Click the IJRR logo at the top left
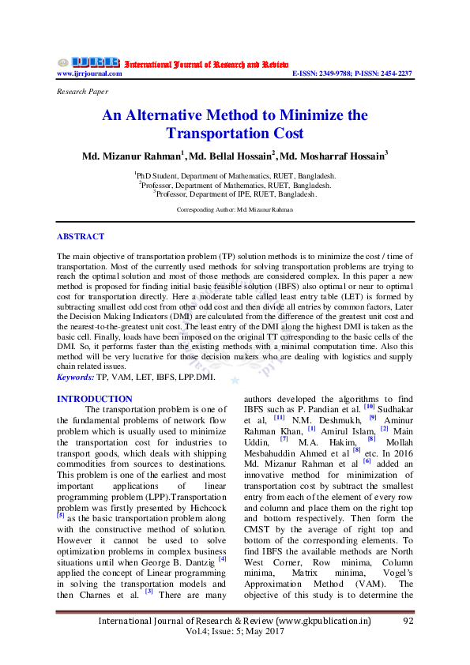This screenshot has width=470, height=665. [88, 62]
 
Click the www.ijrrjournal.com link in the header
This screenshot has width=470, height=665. [89, 73]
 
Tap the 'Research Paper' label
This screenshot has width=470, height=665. [82, 92]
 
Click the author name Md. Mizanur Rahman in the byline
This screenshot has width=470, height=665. [132, 156]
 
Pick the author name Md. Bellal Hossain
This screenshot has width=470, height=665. [232, 156]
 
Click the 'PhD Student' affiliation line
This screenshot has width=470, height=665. [235, 175]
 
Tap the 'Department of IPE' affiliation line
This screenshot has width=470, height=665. [235, 193]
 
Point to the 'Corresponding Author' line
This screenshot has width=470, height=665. [235, 210]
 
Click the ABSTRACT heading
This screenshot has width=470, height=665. [81, 236]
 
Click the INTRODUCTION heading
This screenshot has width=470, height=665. [95, 399]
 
